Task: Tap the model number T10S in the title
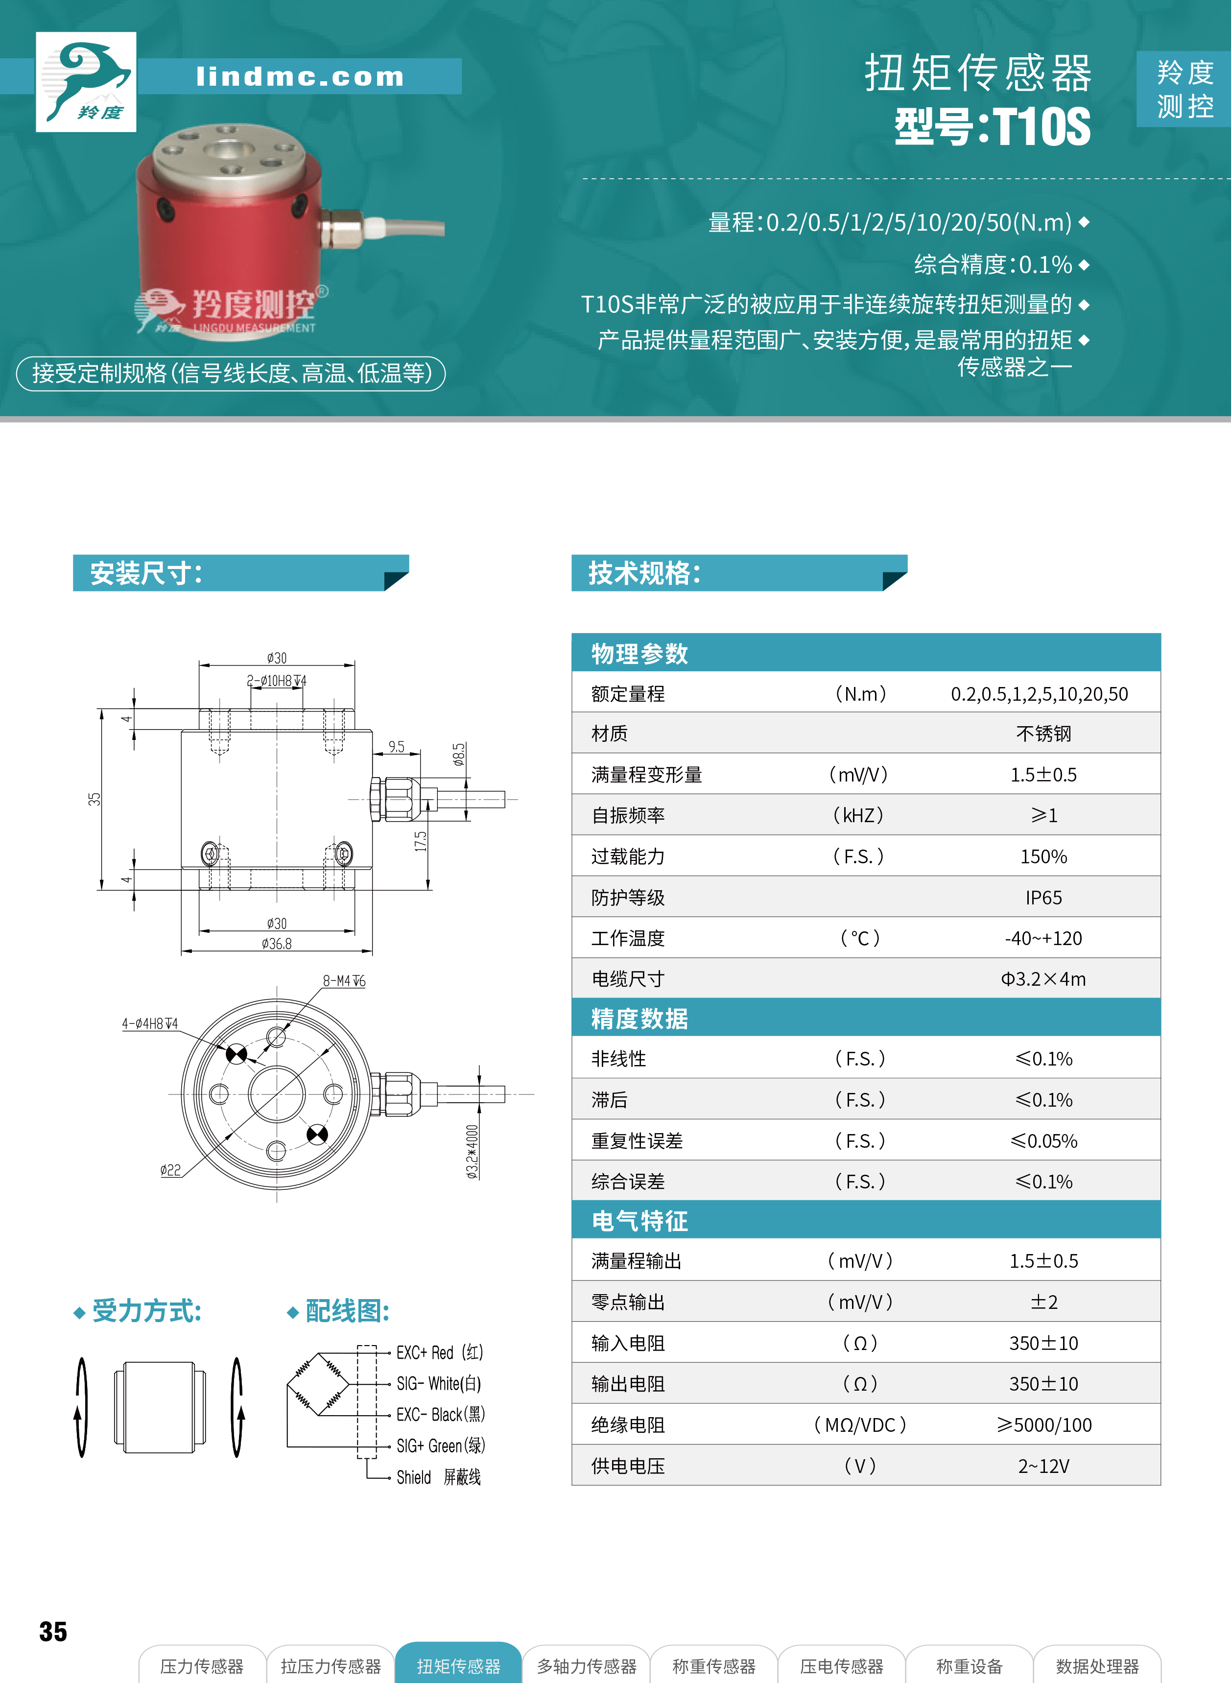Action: [x=1042, y=127]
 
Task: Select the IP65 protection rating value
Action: [x=1043, y=898]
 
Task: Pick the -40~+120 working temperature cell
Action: [x=1043, y=939]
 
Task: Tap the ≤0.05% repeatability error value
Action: [x=1043, y=1140]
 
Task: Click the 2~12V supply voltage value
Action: [x=1043, y=1466]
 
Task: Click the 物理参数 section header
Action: [x=639, y=653]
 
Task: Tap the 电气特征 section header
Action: [x=639, y=1220]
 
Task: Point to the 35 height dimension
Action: [x=94, y=799]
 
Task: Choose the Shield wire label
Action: [x=414, y=1477]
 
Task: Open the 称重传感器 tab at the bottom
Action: [x=714, y=1666]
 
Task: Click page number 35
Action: [x=53, y=1632]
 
